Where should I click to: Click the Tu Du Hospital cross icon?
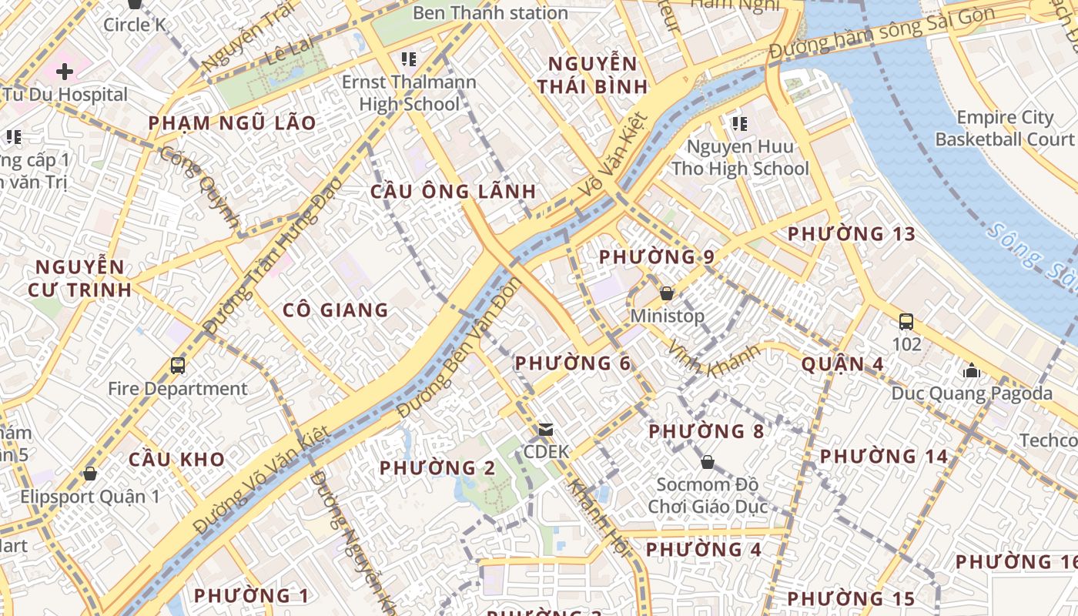(x=65, y=72)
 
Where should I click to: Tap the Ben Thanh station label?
(x=490, y=13)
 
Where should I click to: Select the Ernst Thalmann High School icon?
(x=409, y=59)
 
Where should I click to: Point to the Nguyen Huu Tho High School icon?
(x=740, y=123)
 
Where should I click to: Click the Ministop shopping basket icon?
(x=667, y=293)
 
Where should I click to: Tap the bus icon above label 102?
(x=906, y=322)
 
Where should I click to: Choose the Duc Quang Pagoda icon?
(x=971, y=371)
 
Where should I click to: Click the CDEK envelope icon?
(x=546, y=429)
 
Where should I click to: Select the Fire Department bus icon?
(x=178, y=365)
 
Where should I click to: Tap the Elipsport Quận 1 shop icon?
(x=90, y=474)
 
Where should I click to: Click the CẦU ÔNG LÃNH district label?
(x=453, y=192)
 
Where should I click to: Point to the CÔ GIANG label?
(x=335, y=310)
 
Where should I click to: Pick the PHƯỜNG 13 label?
(x=852, y=233)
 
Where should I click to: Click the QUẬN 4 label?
(x=842, y=364)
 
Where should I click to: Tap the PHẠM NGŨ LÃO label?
(x=232, y=123)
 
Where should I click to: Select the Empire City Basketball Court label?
(x=1004, y=129)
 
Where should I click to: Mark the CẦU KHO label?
(x=176, y=460)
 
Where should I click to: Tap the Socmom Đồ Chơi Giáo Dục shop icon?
(x=707, y=462)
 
